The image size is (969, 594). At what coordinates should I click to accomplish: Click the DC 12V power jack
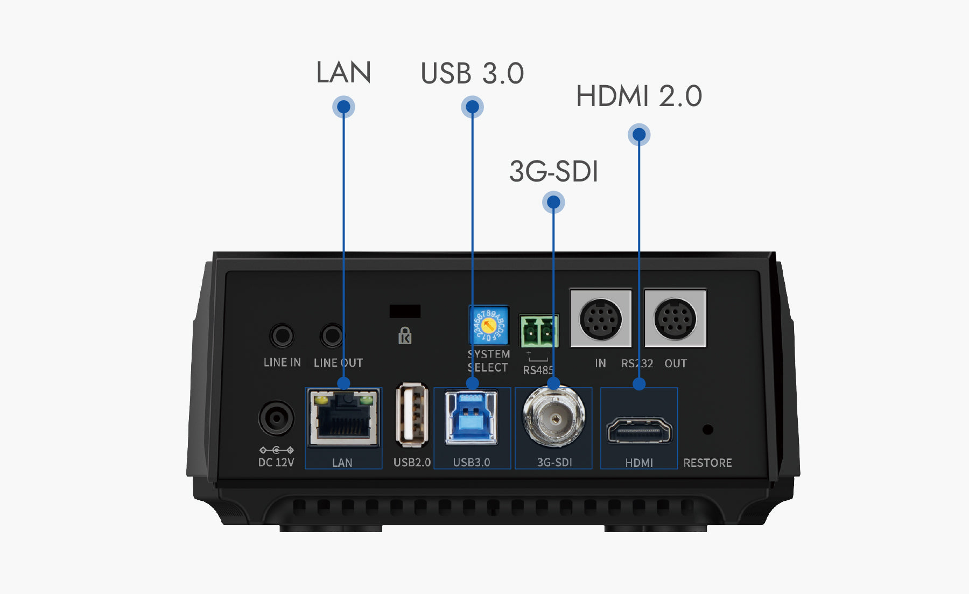pos(276,418)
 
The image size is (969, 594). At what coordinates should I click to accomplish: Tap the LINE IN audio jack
pos(282,336)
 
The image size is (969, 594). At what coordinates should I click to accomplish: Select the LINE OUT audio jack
pos(332,336)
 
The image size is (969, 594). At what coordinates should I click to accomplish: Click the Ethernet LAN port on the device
pos(343,418)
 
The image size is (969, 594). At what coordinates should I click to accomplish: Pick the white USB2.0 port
pos(412,415)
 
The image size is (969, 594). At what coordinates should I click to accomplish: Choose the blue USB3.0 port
pos(472,417)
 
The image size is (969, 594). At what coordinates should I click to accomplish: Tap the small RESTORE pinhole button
pos(708,429)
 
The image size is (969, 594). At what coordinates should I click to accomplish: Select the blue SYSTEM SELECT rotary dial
pos(489,326)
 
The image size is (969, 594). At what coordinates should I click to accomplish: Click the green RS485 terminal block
pos(539,331)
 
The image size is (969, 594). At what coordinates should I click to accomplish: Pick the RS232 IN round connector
pos(601,319)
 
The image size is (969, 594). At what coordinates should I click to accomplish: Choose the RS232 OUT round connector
pos(676,319)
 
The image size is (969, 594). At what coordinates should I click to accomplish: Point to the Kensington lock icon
pos(405,336)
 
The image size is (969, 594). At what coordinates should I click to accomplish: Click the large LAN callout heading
pos(343,72)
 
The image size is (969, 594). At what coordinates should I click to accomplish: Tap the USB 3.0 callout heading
pos(472,73)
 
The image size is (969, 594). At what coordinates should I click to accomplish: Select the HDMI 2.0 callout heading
pos(639,96)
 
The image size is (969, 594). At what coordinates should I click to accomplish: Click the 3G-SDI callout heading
pos(553,171)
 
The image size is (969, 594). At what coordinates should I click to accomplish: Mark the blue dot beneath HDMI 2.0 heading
pos(639,135)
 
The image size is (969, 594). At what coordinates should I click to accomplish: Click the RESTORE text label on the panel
pos(707,463)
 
